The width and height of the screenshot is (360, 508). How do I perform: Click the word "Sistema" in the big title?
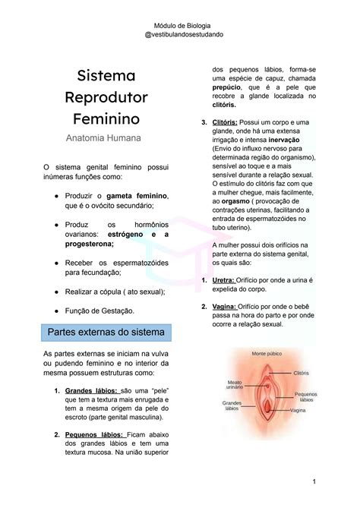point(106,76)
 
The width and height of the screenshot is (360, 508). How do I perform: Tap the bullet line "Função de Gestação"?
point(99,311)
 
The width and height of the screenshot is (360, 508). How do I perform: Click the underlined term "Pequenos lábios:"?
point(92,435)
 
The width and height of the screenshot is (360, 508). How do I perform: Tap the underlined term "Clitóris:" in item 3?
point(225,123)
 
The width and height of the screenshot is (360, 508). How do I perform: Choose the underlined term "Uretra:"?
point(223,280)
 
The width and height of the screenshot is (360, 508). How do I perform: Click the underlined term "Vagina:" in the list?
point(224,307)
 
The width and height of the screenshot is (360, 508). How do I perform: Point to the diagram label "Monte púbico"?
point(267,354)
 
